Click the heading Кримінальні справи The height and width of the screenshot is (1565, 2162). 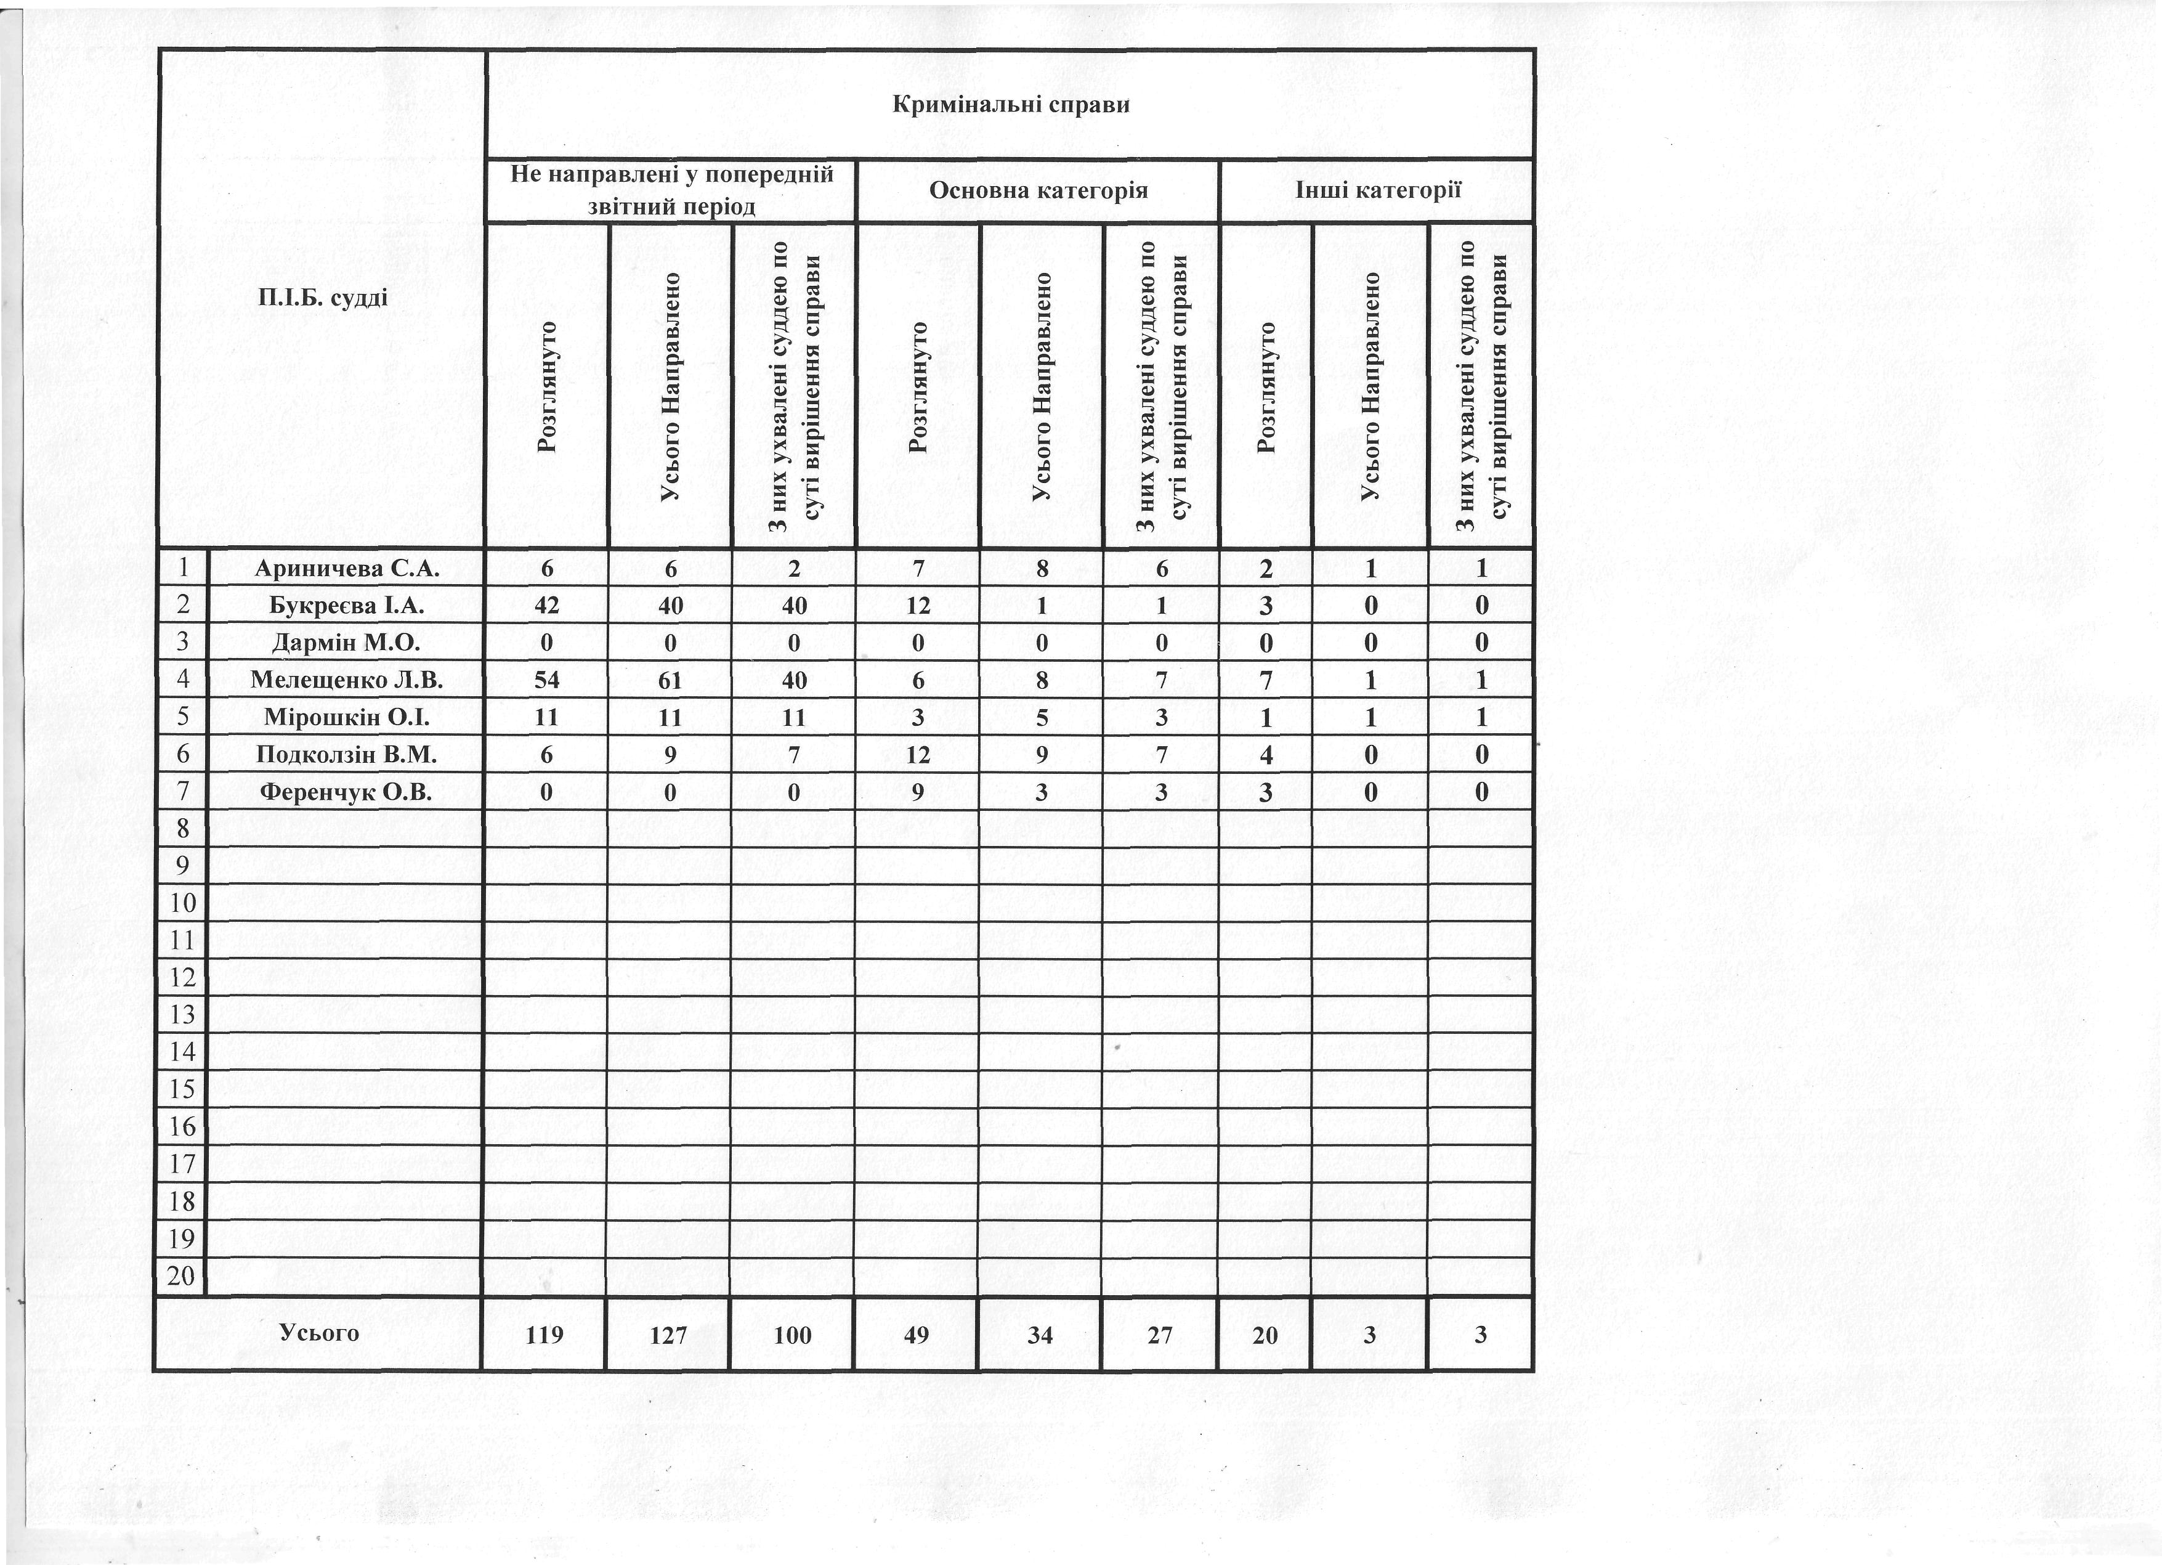coord(1010,104)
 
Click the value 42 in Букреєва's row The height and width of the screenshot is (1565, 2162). coord(547,606)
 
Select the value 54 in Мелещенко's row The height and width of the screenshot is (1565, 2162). coord(547,680)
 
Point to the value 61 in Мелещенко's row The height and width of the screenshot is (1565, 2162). coord(670,680)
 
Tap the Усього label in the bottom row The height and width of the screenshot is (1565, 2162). coord(319,1332)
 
